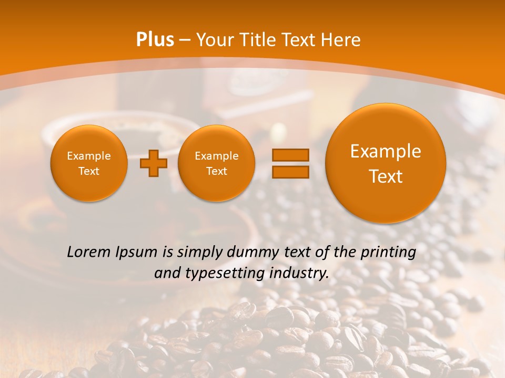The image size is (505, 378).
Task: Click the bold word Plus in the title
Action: [x=155, y=40]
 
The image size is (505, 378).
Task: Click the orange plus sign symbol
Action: [x=154, y=163]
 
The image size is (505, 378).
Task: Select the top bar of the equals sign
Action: [x=290, y=155]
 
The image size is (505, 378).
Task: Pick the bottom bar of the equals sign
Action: [x=290, y=172]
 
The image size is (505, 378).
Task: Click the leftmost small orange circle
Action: [x=89, y=163]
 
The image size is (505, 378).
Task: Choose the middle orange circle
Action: [x=216, y=163]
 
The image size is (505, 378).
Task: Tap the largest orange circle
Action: [x=386, y=163]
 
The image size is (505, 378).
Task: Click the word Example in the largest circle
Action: [x=386, y=151]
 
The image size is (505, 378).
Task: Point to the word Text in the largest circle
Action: [x=386, y=176]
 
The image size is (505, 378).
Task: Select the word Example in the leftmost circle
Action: [x=89, y=156]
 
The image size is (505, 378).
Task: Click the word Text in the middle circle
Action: [x=216, y=171]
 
